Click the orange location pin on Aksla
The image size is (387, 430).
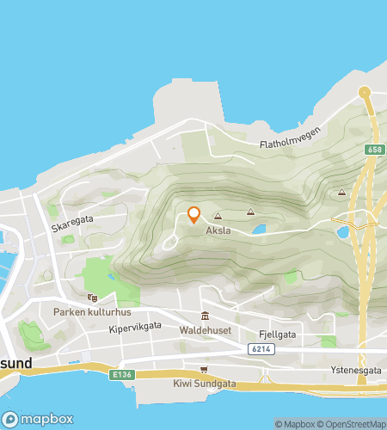pyautogui.click(x=193, y=214)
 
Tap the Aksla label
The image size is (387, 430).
pyautogui.click(x=218, y=231)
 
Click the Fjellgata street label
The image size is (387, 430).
pyautogui.click(x=277, y=335)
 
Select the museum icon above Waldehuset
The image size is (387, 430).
pyautogui.click(x=205, y=316)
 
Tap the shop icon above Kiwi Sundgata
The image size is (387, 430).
pyautogui.click(x=203, y=370)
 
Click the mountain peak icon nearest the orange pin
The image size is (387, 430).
pyautogui.click(x=218, y=216)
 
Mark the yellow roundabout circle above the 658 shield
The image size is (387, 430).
pyautogui.click(x=364, y=91)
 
